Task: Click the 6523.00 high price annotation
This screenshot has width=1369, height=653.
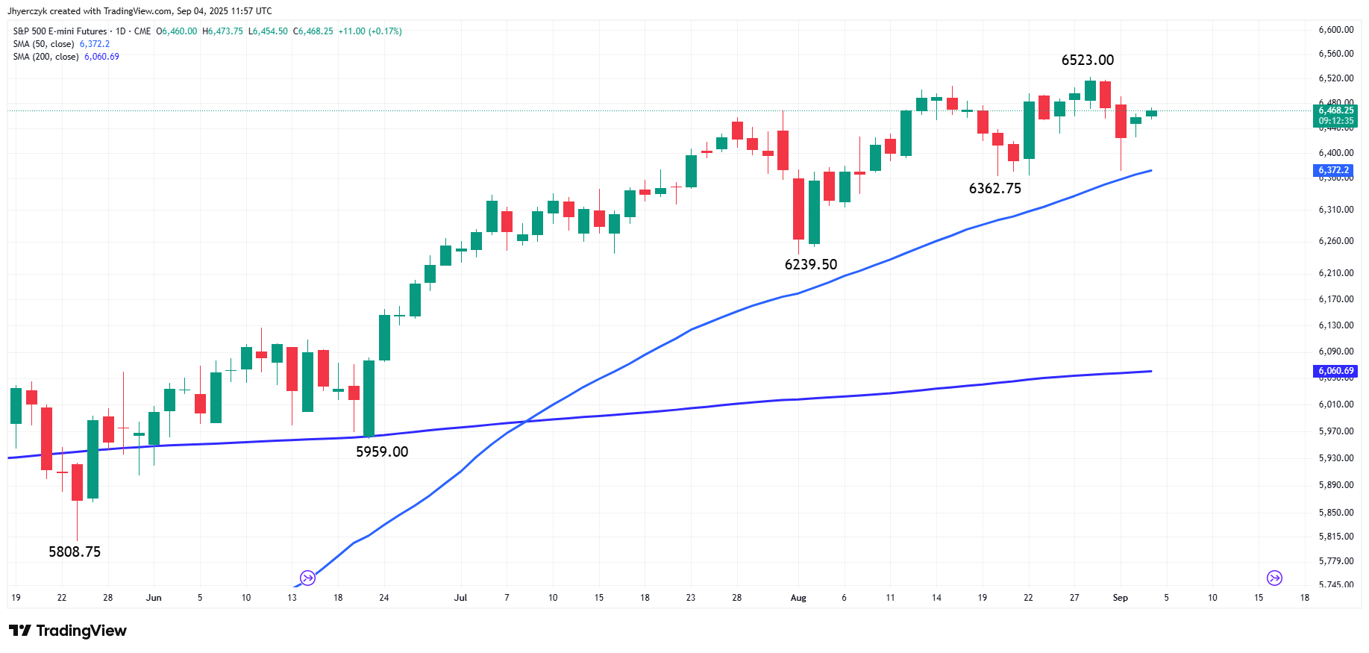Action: point(1087,60)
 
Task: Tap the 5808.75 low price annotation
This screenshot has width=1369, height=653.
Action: point(75,552)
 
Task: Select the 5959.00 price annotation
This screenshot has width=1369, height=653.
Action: point(382,452)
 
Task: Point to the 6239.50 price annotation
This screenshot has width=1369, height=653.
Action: point(811,265)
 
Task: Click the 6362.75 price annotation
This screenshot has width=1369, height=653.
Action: point(994,189)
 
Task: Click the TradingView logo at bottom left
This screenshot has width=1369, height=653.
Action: point(68,631)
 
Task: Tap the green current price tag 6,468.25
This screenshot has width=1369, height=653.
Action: point(1335,116)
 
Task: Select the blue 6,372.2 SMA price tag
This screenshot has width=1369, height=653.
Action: point(1332,171)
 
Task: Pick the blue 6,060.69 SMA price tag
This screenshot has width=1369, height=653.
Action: point(1334,371)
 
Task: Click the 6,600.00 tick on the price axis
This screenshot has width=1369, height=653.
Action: point(1335,30)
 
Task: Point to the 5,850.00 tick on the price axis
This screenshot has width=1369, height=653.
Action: point(1335,513)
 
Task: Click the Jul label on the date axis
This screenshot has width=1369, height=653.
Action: point(460,598)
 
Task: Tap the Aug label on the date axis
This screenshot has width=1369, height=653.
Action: point(798,598)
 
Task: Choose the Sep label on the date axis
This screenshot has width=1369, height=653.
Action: point(1120,598)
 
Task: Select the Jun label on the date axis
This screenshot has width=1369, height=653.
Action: point(154,598)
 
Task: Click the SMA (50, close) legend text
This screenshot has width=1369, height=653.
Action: point(43,44)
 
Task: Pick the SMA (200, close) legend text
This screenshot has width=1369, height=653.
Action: point(46,57)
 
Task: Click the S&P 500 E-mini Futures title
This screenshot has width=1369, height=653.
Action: point(60,31)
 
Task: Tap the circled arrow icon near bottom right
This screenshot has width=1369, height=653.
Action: point(1274,578)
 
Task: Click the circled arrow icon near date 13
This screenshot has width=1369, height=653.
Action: point(307,578)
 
